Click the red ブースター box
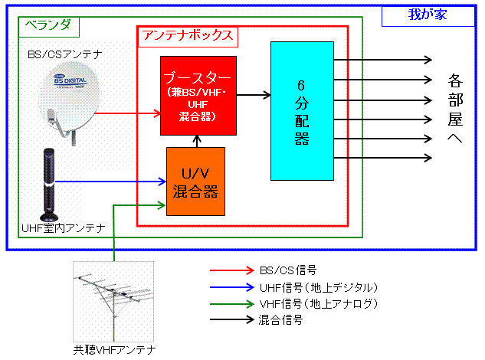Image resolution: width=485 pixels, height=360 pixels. [x=198, y=94]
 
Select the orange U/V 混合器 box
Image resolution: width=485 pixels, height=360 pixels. [x=196, y=182]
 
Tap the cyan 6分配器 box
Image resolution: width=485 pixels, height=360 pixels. [x=301, y=110]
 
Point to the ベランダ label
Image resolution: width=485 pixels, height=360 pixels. [x=47, y=25]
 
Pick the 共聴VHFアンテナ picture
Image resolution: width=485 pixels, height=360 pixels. [x=113, y=301]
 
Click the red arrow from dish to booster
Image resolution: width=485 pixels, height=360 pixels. [x=127, y=113]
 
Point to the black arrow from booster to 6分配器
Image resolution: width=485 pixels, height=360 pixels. [x=254, y=95]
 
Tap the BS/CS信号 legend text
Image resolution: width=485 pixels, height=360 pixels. [x=287, y=270]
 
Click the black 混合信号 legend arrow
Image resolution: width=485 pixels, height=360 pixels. [x=231, y=321]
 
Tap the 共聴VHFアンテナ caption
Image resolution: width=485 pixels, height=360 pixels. [x=114, y=350]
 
